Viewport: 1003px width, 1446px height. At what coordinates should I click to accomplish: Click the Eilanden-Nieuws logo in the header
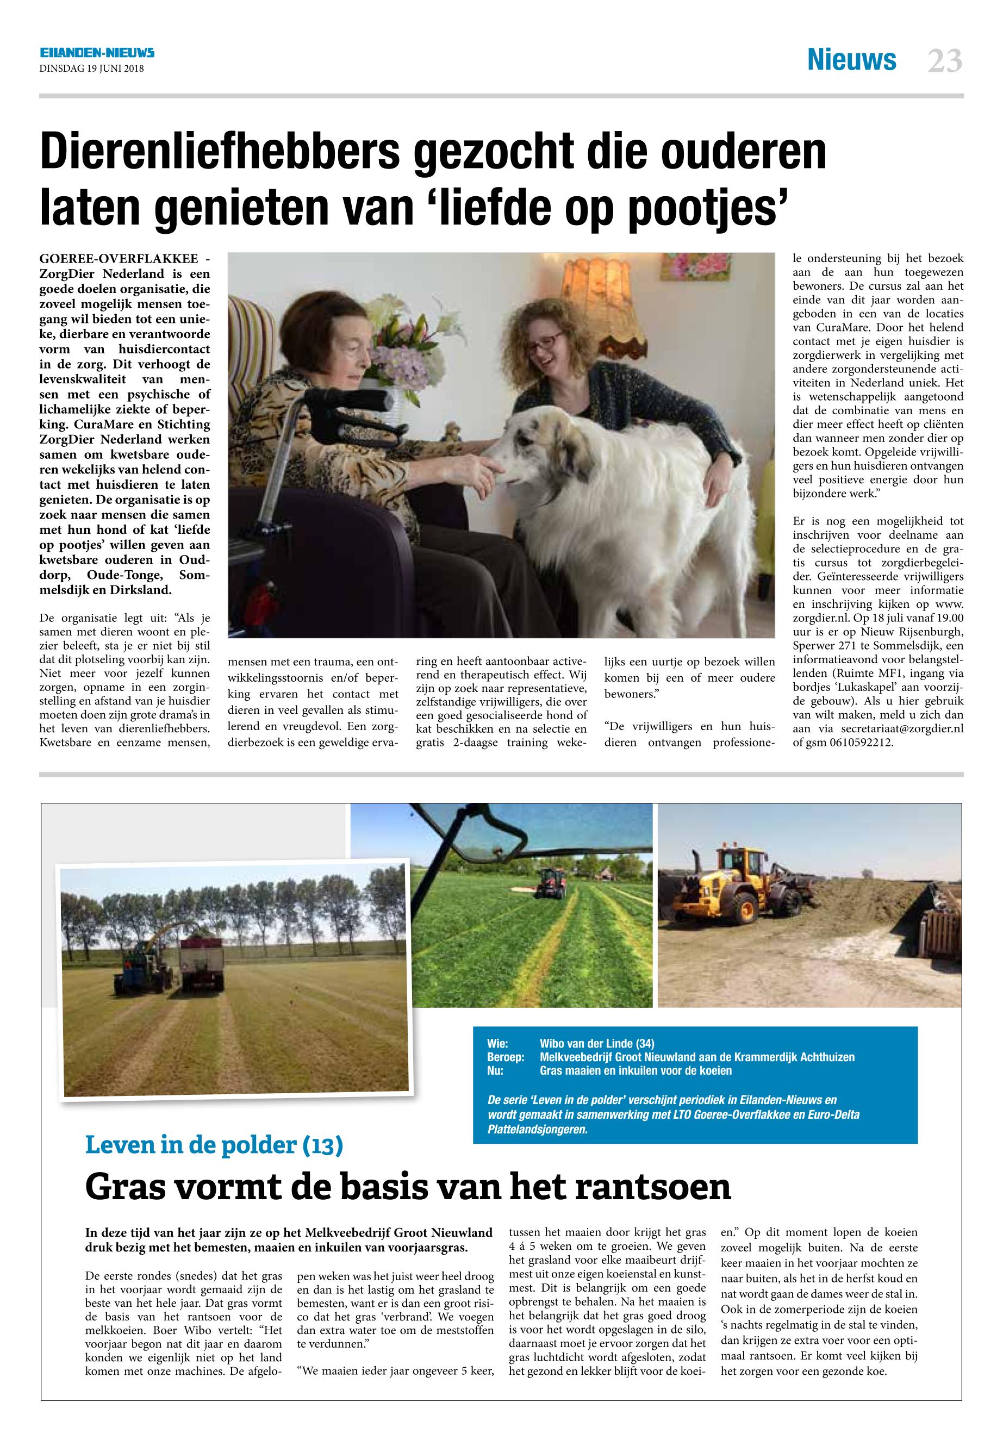(97, 53)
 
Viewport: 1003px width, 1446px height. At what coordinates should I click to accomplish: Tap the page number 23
(944, 61)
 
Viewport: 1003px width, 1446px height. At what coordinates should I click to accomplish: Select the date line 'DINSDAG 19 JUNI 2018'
(92, 69)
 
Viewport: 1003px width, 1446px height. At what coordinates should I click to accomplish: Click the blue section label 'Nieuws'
(851, 60)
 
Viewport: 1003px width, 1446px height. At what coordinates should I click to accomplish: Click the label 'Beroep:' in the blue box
(505, 1057)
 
